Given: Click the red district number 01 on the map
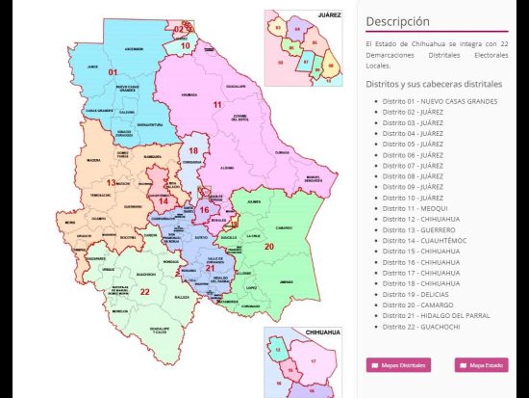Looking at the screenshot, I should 113,73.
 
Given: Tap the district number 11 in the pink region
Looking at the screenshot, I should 217,104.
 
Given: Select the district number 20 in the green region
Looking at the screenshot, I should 268,247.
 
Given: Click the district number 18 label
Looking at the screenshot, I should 193,151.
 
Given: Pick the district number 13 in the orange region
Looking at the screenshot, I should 111,182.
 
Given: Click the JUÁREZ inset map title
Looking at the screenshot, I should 330,16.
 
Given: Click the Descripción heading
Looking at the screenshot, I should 397,21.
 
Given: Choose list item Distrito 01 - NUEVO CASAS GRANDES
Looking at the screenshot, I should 440,101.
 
